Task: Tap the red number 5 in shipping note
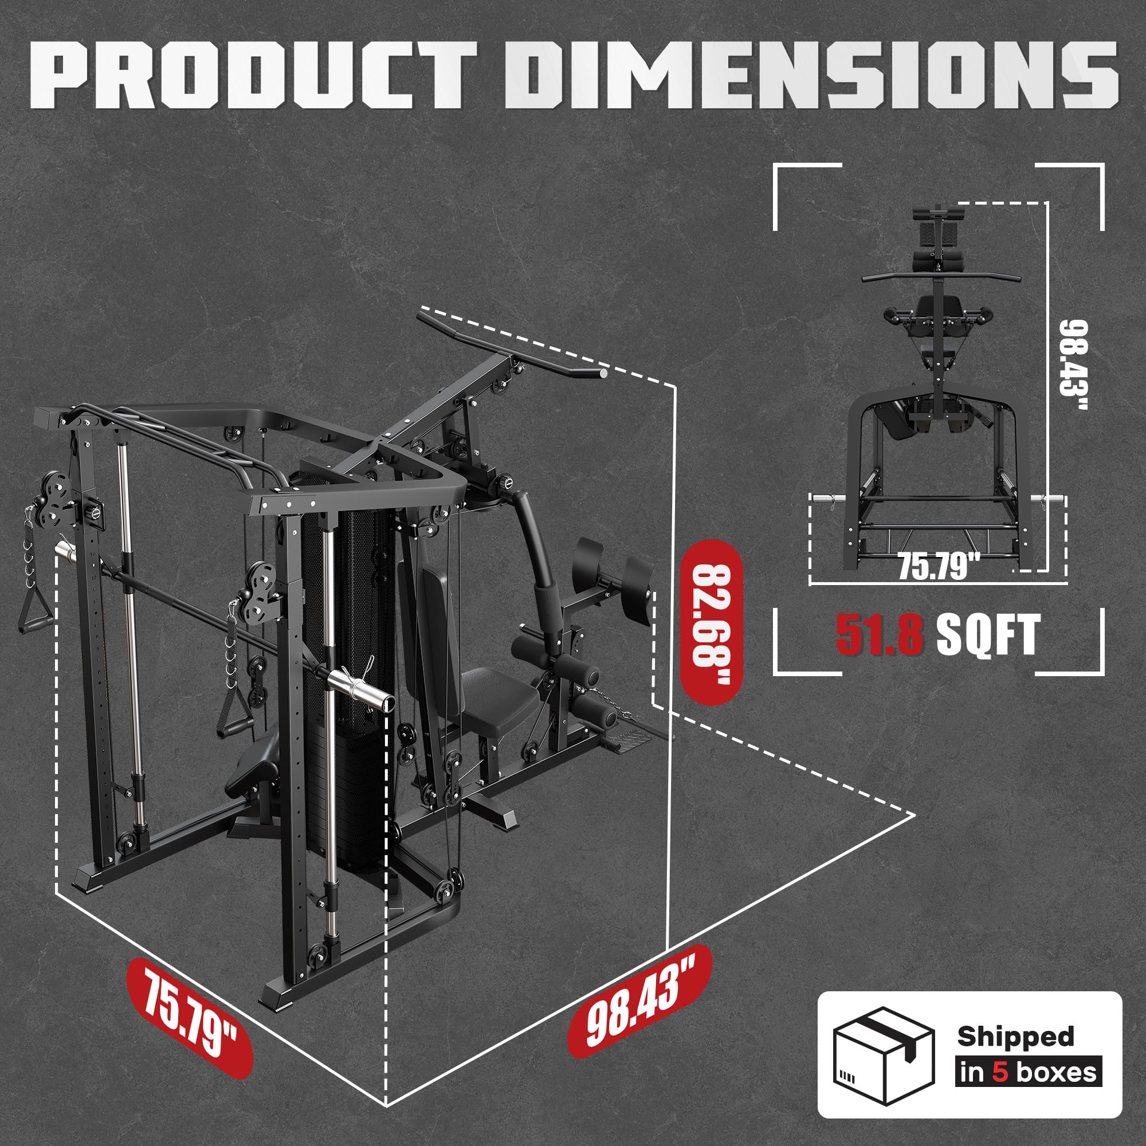(1000, 1072)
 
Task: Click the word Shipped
(1015, 1036)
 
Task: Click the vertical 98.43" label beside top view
(1074, 366)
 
